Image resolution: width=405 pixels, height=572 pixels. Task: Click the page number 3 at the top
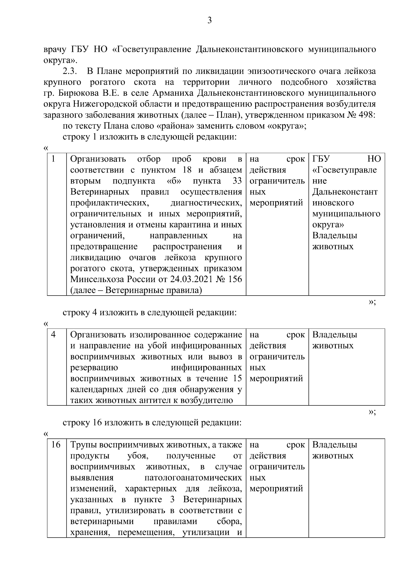click(210, 21)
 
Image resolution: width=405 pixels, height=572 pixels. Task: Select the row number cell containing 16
click(56, 445)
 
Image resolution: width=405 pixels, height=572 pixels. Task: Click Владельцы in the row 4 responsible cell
click(334, 335)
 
